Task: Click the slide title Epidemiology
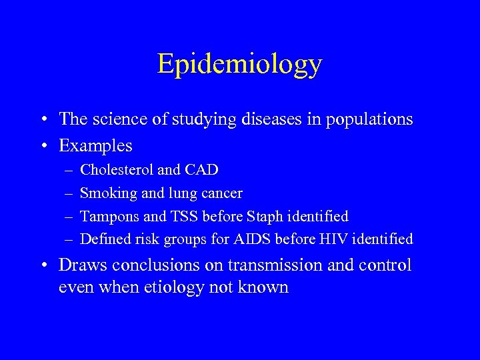pos(239,64)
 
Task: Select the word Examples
pos(95,145)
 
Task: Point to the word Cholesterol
pos(115,170)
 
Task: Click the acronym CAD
pos(203,170)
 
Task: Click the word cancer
pos(223,193)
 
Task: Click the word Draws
pos(83,265)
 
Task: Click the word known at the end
pos(265,288)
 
